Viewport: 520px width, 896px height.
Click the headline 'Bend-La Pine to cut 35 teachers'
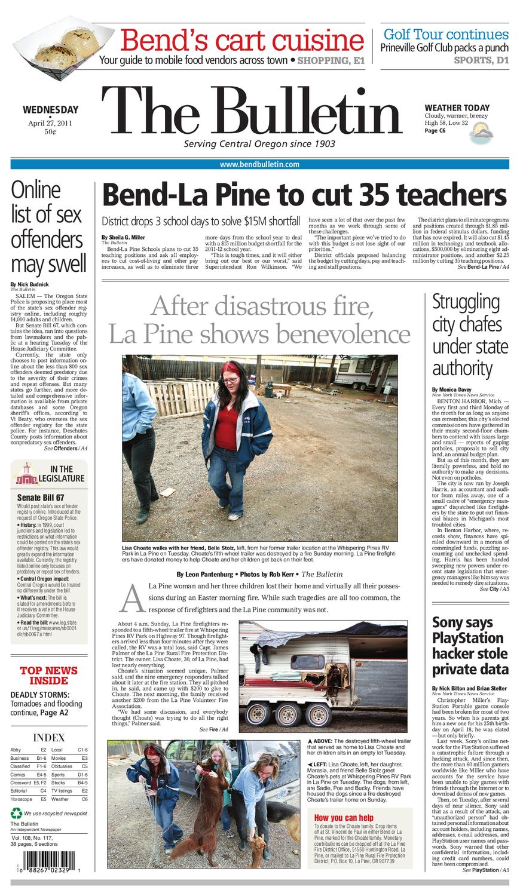pyautogui.click(x=304, y=195)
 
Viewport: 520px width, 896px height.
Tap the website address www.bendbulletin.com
pyautogui.click(x=259, y=164)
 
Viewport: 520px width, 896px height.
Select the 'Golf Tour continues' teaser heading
pyautogui.click(x=445, y=34)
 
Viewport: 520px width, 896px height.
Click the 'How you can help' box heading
pyautogui.click(x=344, y=818)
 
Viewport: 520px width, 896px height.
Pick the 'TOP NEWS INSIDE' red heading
pyautogui.click(x=49, y=675)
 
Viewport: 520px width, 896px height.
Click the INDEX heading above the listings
pyautogui.click(x=49, y=737)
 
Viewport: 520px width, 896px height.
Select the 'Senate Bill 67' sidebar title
pyautogui.click(x=41, y=497)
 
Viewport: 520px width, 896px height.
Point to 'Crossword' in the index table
pyautogui.click(x=20, y=782)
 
